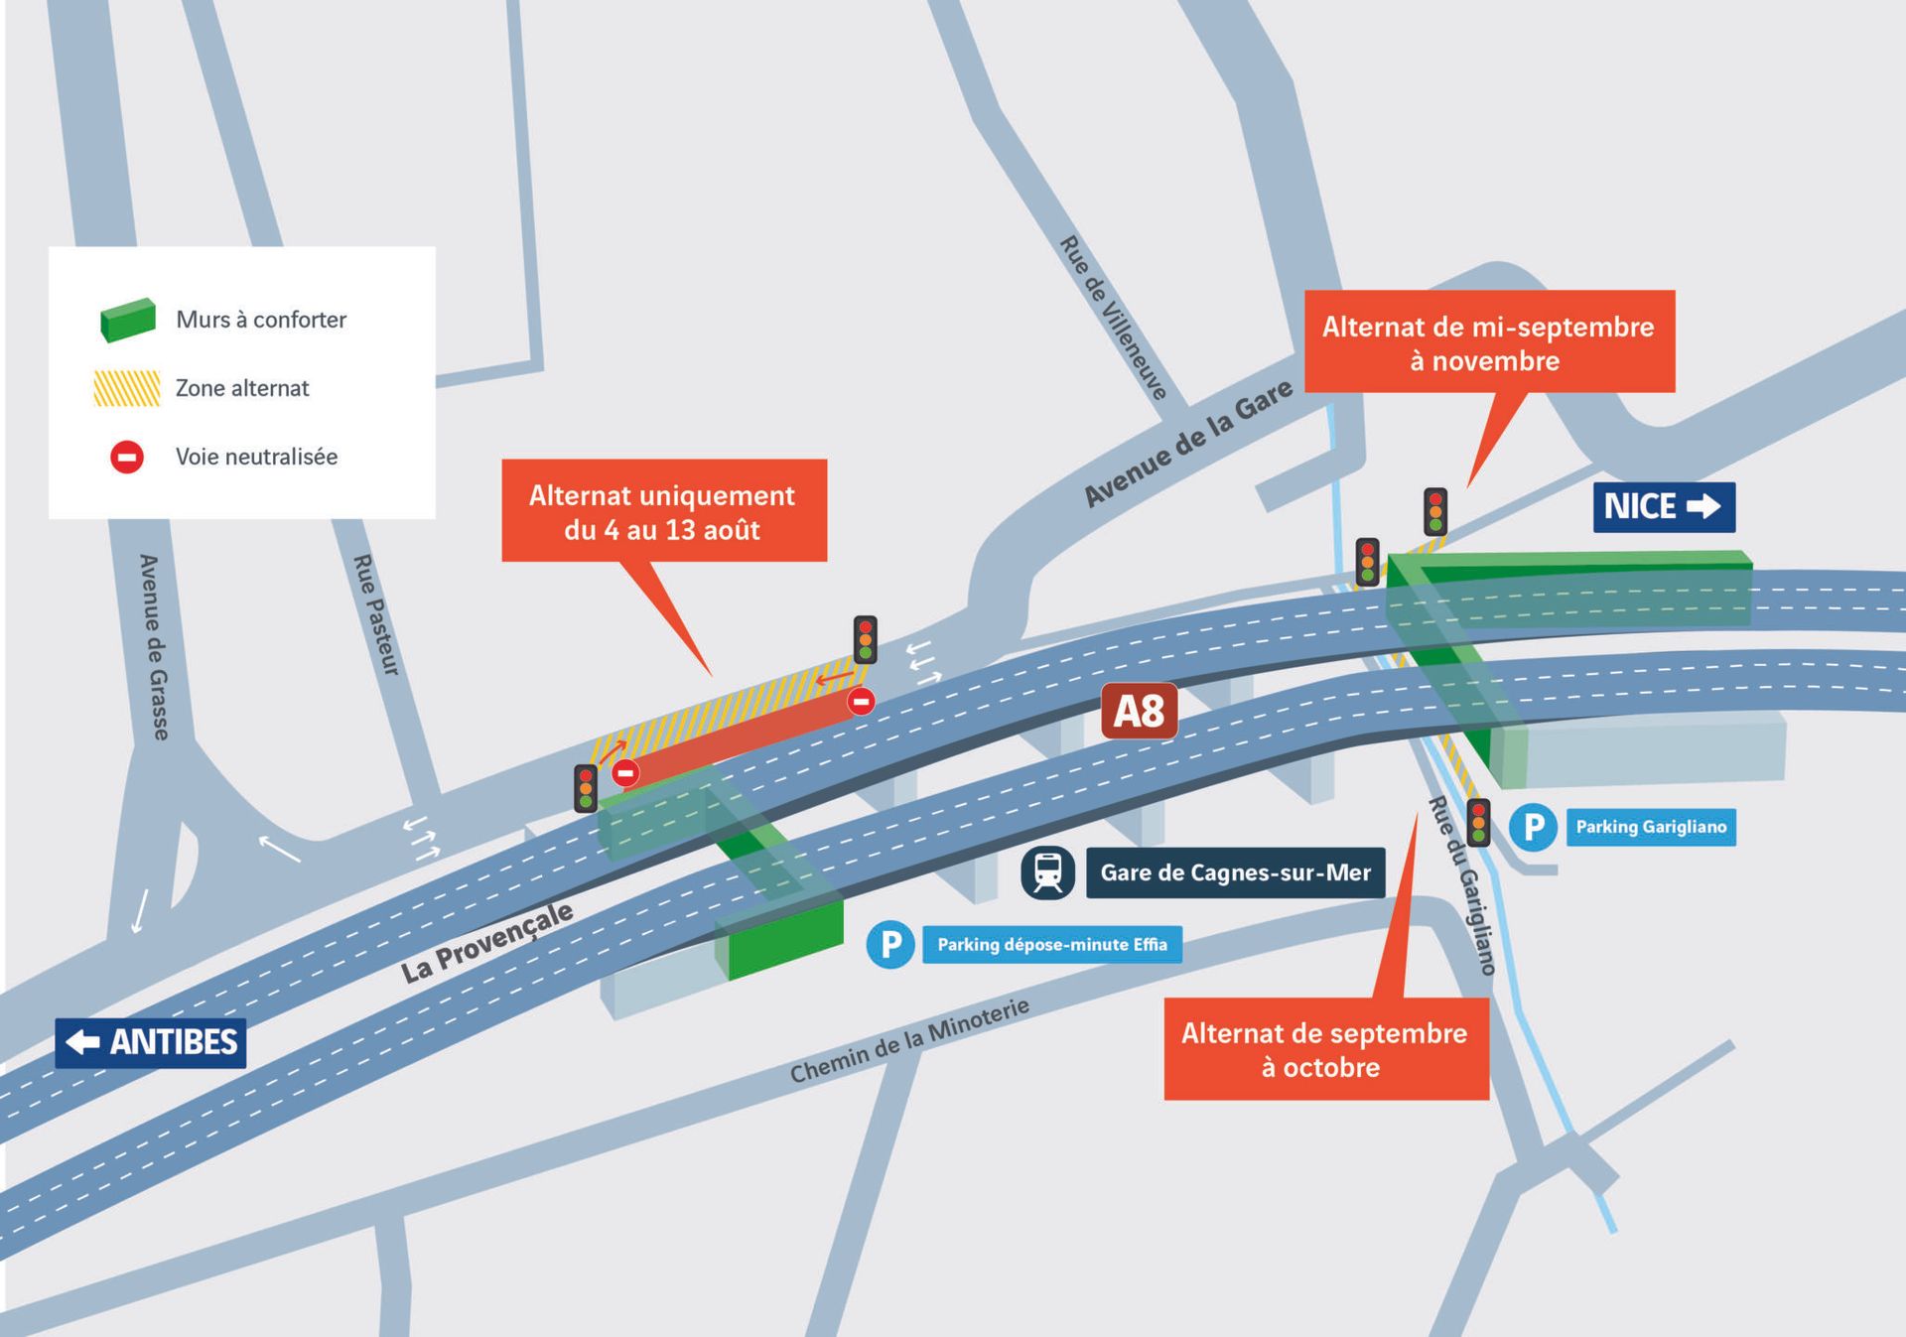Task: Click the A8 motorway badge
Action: click(x=1139, y=711)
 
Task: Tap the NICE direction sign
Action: click(x=1664, y=506)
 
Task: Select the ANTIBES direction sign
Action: click(x=151, y=1042)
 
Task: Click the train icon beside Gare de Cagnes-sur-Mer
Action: click(x=1047, y=872)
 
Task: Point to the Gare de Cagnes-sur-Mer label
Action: click(x=1235, y=872)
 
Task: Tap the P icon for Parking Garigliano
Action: click(x=1533, y=827)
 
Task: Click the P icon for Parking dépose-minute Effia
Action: click(x=890, y=944)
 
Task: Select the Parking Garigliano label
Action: click(x=1651, y=827)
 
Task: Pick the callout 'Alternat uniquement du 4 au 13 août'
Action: click(x=663, y=511)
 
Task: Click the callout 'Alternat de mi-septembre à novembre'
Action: click(x=1488, y=342)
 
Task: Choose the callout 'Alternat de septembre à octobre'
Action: click(x=1325, y=1049)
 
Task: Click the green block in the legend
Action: click(x=128, y=320)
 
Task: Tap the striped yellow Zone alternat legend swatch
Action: click(x=127, y=388)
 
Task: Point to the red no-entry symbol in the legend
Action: click(x=127, y=457)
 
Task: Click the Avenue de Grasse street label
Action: click(x=154, y=646)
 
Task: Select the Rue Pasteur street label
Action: click(x=376, y=615)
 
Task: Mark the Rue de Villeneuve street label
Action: click(x=1113, y=318)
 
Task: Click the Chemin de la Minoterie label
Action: click(x=909, y=1040)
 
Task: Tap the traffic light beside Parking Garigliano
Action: click(x=1478, y=822)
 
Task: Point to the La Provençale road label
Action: click(x=486, y=942)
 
